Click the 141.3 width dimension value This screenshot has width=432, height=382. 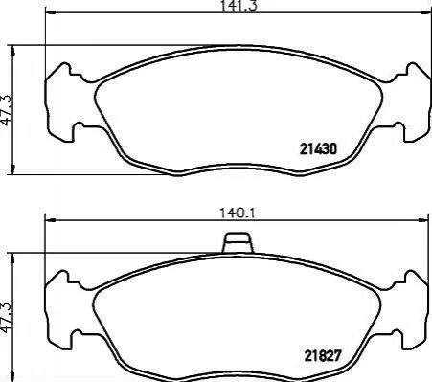click(x=239, y=5)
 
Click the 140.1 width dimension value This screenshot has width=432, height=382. click(x=237, y=213)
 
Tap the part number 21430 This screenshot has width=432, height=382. click(x=318, y=149)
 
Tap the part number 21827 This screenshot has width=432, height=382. click(x=323, y=355)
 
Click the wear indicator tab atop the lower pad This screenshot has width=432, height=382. click(x=238, y=242)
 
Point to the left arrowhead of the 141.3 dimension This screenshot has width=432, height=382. click(x=51, y=12)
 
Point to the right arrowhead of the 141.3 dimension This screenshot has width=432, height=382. click(x=424, y=12)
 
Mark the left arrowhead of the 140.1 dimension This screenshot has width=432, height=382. click(x=50, y=220)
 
